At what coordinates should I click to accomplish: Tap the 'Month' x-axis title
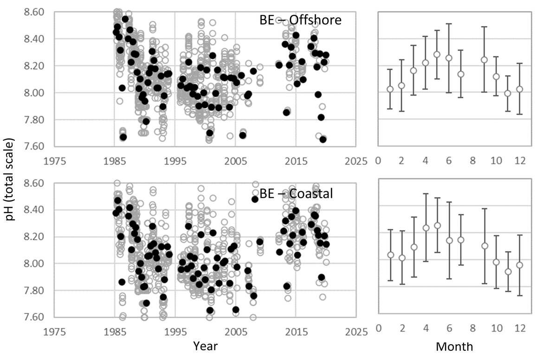coord(454,347)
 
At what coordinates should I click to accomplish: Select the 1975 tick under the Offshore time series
coord(54,161)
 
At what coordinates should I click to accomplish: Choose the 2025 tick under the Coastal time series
coord(356,332)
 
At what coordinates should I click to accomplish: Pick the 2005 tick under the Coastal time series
coord(235,332)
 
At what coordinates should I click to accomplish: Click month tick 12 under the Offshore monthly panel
coord(520,161)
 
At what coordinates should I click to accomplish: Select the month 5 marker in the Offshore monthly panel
coord(437,54)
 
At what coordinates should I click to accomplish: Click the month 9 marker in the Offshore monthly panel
coord(484,60)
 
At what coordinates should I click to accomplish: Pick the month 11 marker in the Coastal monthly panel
coord(508,271)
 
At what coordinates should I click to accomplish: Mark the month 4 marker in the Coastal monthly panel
coord(425,228)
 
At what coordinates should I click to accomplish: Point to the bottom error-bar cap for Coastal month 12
coord(520,295)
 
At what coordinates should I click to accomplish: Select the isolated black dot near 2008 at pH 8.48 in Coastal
coord(254,199)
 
